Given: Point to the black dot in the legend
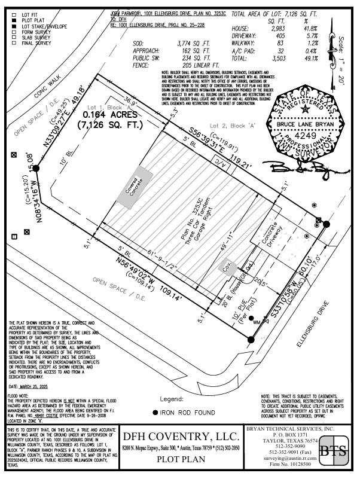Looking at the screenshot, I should pos(155,413).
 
